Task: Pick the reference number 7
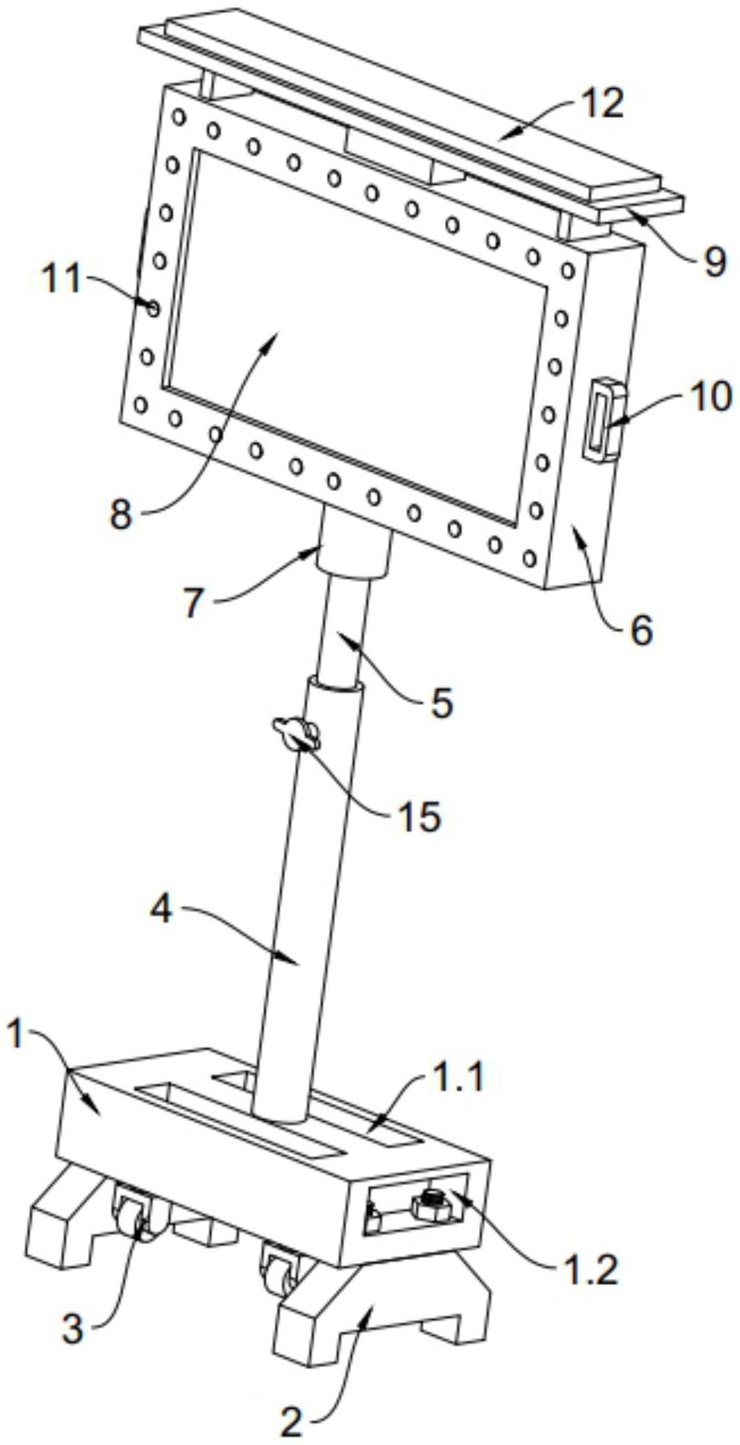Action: [x=193, y=603]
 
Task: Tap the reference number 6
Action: [x=641, y=630]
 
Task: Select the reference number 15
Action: [x=419, y=816]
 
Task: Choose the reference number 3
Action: [x=72, y=1329]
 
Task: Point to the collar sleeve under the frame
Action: [x=353, y=554]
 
